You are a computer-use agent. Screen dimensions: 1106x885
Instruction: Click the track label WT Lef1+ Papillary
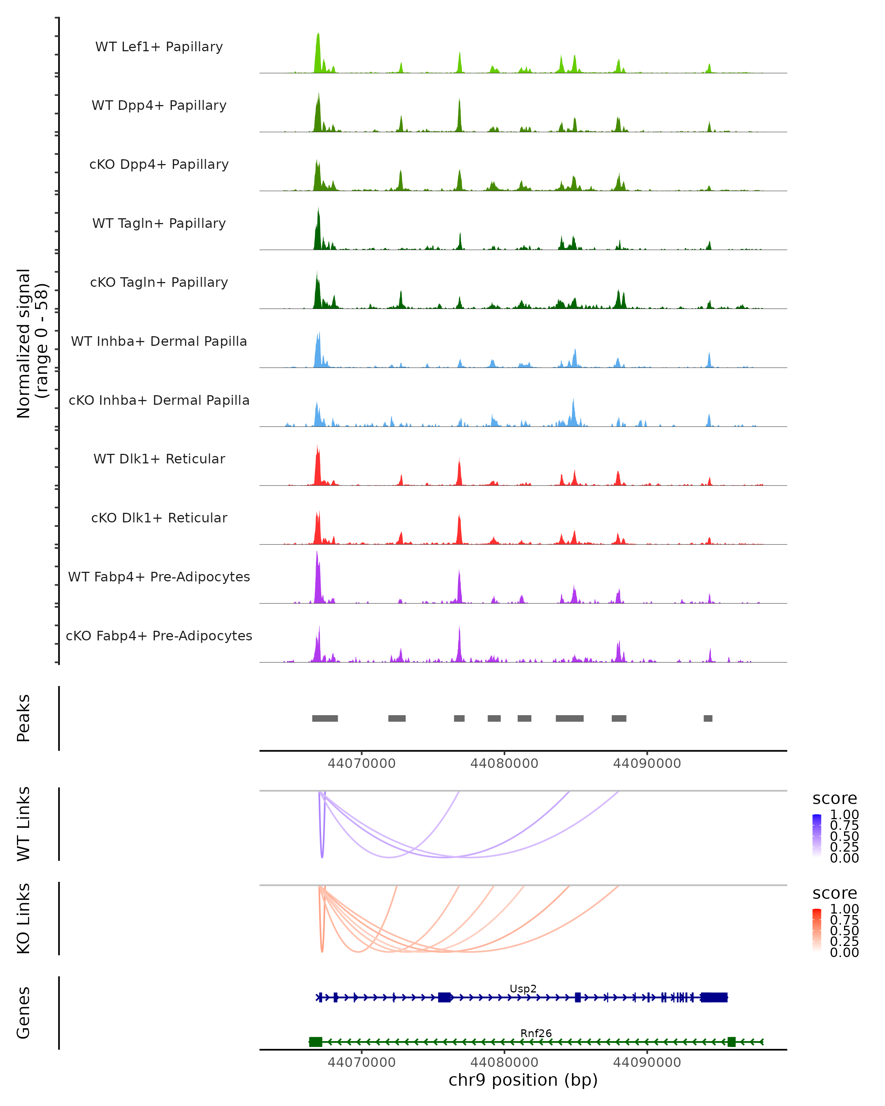(x=159, y=47)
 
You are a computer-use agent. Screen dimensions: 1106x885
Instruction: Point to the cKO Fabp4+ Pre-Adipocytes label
(x=159, y=636)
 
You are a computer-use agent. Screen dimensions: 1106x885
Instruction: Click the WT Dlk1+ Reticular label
(x=159, y=459)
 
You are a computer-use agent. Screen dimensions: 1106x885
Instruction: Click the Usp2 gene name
(x=523, y=988)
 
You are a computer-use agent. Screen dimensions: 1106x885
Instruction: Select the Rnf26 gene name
(x=536, y=1033)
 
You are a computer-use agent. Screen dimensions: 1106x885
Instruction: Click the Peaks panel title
(x=24, y=718)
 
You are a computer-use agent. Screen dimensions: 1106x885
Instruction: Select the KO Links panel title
(x=24, y=918)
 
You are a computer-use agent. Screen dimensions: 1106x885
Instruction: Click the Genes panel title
(x=24, y=1013)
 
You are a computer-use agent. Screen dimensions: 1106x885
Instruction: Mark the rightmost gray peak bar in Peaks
(x=708, y=718)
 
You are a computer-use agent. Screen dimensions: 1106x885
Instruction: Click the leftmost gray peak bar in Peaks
(x=325, y=718)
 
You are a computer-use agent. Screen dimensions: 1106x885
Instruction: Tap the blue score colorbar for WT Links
(x=817, y=835)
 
